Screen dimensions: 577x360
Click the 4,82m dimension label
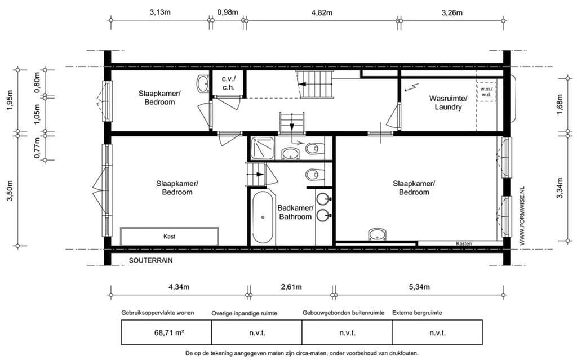point(322,12)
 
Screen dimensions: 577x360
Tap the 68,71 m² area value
point(169,333)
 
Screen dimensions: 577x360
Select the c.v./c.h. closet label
point(228,83)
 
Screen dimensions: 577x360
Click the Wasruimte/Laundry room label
point(448,103)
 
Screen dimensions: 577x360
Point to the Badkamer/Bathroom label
point(295,212)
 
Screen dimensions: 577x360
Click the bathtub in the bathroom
point(263,217)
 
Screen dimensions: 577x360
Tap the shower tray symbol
point(263,148)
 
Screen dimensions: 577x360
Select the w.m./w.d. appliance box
point(486,92)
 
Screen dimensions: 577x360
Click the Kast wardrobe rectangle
point(169,236)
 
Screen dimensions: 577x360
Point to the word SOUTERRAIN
point(150,261)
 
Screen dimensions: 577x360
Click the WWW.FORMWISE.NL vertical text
point(522,216)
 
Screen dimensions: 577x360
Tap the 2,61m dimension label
point(291,287)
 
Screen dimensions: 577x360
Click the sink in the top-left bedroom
point(202,85)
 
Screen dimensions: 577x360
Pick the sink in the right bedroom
point(378,234)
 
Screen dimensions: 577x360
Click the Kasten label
point(464,244)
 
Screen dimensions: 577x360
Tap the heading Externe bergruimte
point(417,313)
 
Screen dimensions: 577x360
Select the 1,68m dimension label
point(560,105)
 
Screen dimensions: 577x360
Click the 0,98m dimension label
point(228,12)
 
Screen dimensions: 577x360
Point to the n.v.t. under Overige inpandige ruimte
point(256,333)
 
